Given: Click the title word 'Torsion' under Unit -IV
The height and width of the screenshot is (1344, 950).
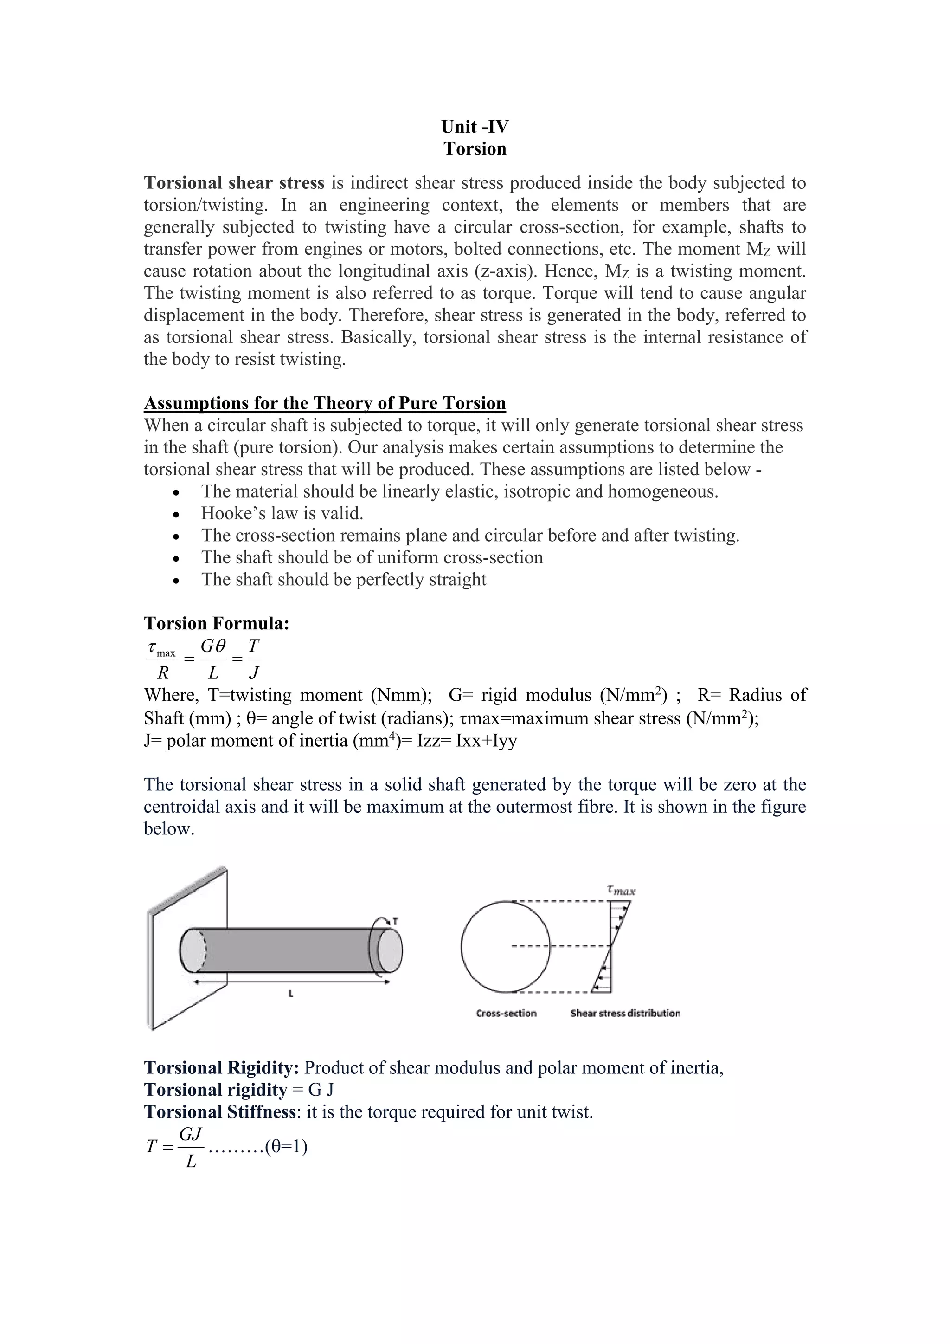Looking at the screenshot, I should (475, 149).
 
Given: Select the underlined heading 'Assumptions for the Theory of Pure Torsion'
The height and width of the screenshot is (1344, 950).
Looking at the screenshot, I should (325, 403).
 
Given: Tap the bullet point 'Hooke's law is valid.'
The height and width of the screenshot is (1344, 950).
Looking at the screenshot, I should (282, 513).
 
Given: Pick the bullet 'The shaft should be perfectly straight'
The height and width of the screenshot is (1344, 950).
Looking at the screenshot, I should (343, 580).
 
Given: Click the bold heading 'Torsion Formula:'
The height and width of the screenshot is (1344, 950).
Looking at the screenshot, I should (217, 623).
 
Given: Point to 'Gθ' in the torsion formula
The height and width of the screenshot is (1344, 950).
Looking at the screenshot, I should (213, 646).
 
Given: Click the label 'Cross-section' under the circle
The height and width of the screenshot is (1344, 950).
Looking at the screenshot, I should (506, 1013).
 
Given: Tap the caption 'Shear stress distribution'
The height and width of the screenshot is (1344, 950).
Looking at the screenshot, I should (625, 1013).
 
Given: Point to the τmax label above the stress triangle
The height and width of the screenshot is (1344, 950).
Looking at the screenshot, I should (621, 891).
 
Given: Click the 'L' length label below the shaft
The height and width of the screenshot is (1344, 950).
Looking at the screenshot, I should (291, 993).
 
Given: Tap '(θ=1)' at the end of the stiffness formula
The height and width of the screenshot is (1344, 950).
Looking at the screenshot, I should (286, 1146).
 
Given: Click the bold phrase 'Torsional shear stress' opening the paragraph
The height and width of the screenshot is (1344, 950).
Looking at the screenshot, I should (234, 183).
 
